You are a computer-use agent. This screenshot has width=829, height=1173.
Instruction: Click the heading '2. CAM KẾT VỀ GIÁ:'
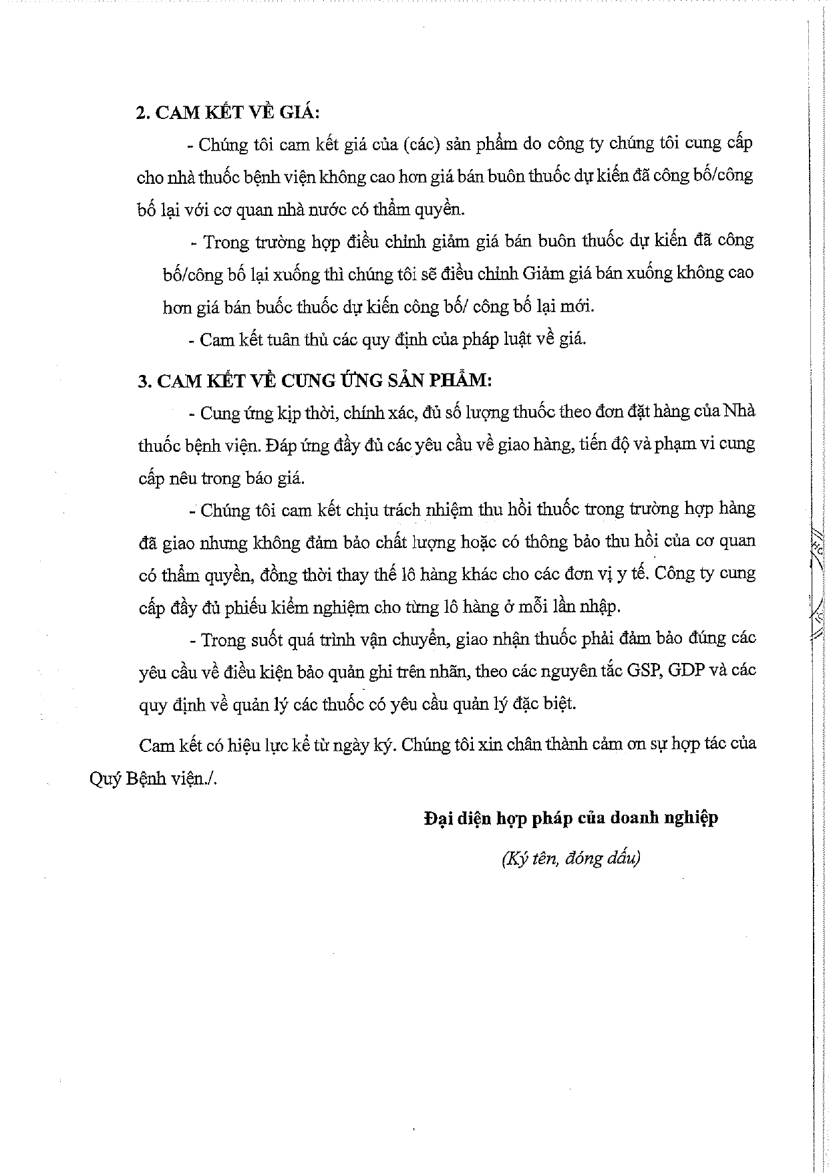click(228, 112)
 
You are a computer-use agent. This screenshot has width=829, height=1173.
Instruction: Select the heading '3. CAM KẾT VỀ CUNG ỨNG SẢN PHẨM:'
click(315, 381)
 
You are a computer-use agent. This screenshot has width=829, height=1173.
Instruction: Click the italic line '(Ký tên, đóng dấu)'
click(570, 859)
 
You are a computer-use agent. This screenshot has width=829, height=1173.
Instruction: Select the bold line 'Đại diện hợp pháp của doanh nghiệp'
click(570, 817)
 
